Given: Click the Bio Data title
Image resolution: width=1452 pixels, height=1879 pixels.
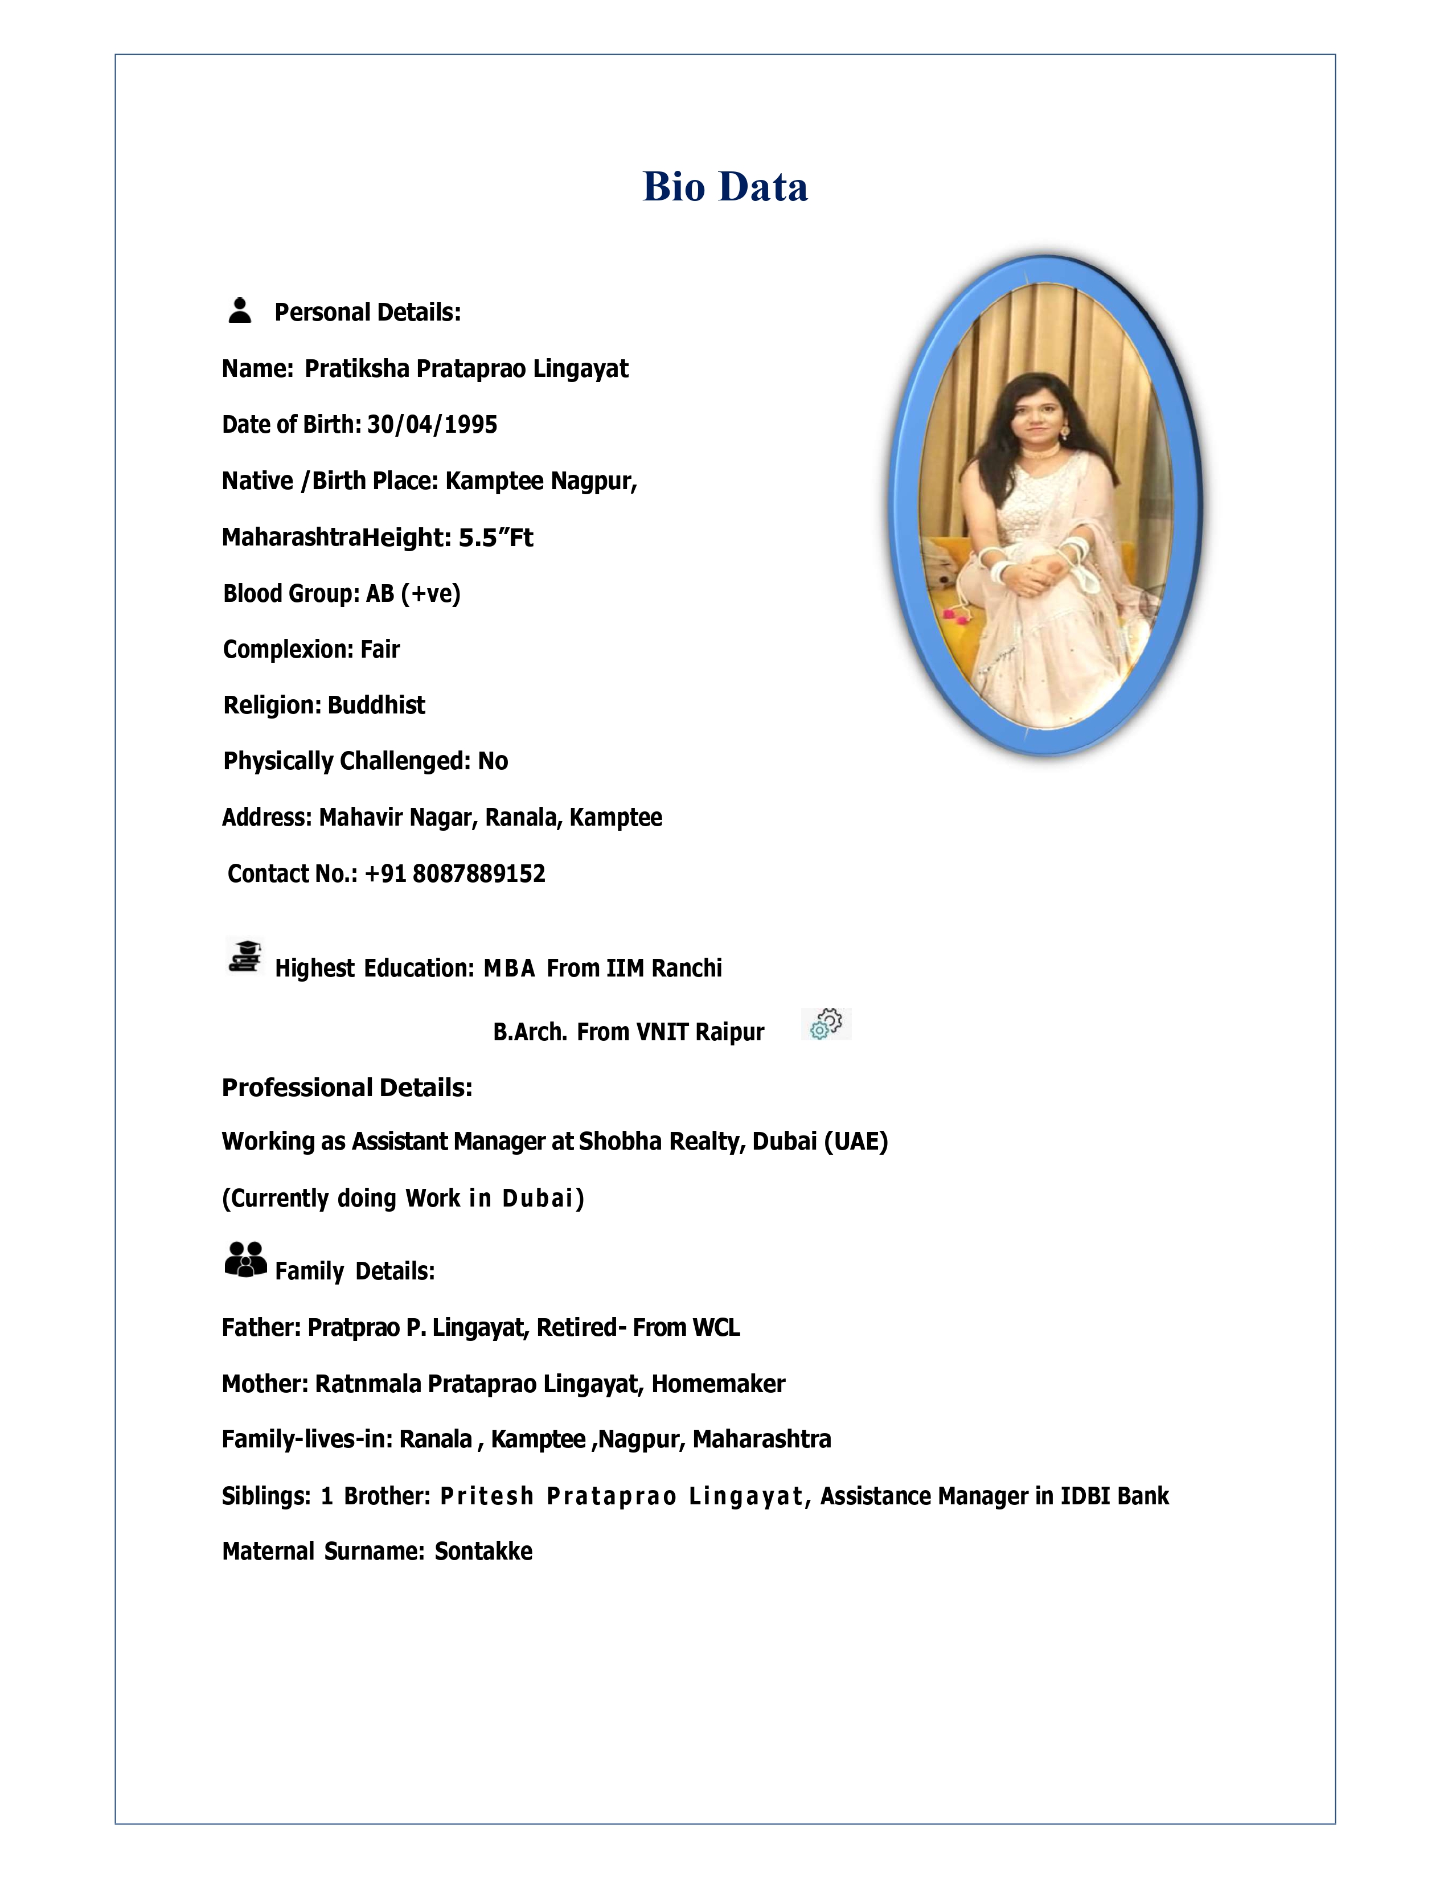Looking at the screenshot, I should coord(725,187).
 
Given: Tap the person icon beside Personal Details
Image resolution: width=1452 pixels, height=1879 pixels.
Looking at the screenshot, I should coord(240,310).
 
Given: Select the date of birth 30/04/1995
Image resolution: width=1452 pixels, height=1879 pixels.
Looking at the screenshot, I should coord(432,425).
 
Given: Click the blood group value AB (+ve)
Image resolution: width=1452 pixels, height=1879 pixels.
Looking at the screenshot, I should coord(413,594).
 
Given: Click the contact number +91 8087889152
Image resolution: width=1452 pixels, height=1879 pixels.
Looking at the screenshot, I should coord(454,874).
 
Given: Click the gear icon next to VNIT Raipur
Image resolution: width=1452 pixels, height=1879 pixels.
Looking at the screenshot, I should coord(826,1024).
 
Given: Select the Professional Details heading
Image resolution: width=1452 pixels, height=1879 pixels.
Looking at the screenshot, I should coord(347,1088).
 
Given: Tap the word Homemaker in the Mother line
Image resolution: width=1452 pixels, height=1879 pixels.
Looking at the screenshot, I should coord(717,1384).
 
